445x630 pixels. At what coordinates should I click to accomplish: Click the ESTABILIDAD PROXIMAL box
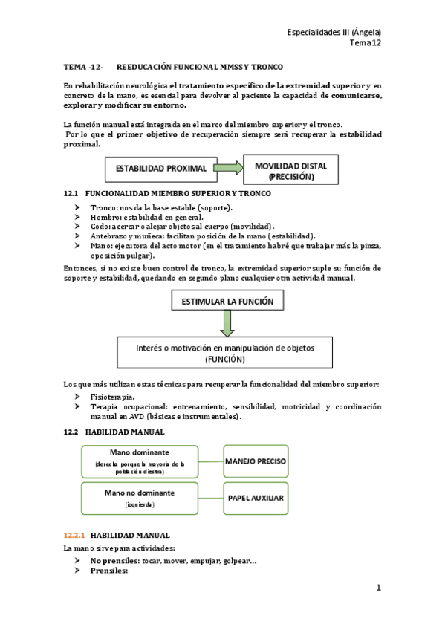(160, 169)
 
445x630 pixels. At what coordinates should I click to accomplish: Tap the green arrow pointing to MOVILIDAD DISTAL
(230, 169)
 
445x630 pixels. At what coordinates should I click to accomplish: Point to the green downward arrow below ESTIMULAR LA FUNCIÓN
(227, 322)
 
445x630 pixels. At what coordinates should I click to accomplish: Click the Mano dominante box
(139, 461)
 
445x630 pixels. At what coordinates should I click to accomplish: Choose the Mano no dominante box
(139, 498)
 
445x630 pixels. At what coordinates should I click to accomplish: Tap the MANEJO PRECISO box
(255, 461)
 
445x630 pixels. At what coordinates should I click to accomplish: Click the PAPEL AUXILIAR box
(255, 497)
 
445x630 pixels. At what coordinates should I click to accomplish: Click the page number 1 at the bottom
(378, 588)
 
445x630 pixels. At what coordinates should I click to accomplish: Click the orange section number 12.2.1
(74, 535)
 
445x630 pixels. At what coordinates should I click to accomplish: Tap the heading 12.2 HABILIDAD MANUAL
(114, 432)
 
